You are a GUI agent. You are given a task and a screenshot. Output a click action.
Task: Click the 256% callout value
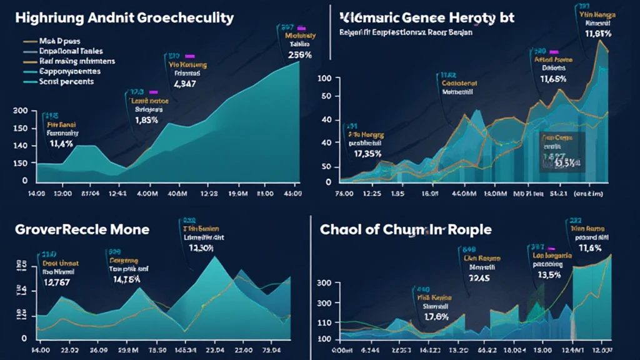click(x=286, y=54)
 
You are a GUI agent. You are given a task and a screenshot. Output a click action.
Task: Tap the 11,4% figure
click(x=61, y=143)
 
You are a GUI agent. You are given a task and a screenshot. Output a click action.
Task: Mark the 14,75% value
click(x=126, y=280)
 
